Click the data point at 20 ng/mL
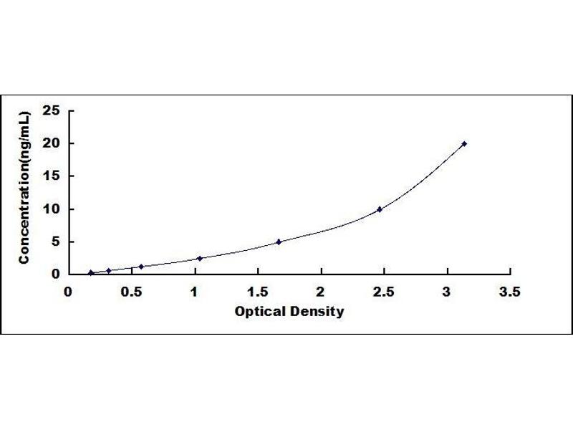(464, 144)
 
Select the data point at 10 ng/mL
(380, 209)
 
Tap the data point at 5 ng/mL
(279, 242)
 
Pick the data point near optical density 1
(200, 259)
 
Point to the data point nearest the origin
(91, 272)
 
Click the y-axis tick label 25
(51, 110)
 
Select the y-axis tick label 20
(51, 143)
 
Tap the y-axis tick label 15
(51, 176)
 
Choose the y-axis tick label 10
(51, 209)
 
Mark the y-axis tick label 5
(56, 242)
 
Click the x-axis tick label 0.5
(132, 292)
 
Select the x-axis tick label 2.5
(384, 292)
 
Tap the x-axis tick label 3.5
(510, 292)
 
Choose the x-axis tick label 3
(447, 292)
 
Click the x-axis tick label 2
(321, 292)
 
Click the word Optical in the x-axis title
(260, 312)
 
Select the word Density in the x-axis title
(317, 312)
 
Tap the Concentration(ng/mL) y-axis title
(24, 187)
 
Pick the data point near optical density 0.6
(141, 267)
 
